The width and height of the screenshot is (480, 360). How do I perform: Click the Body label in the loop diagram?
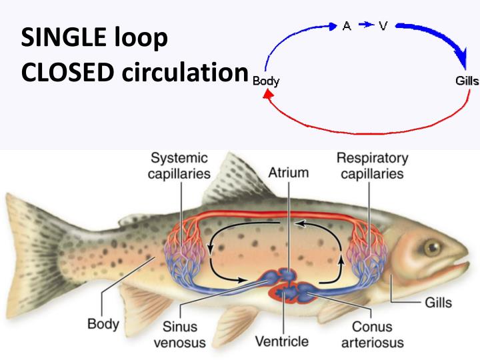tap(266, 82)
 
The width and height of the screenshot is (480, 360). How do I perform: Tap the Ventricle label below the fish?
tap(282, 342)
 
